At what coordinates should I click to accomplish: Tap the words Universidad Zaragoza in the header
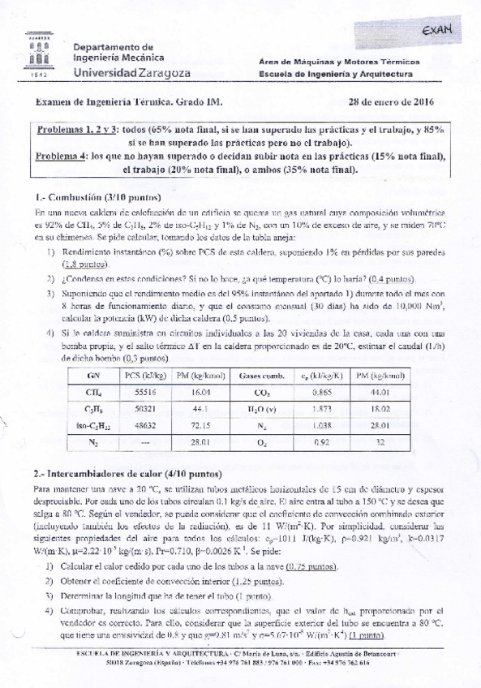point(132,73)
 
